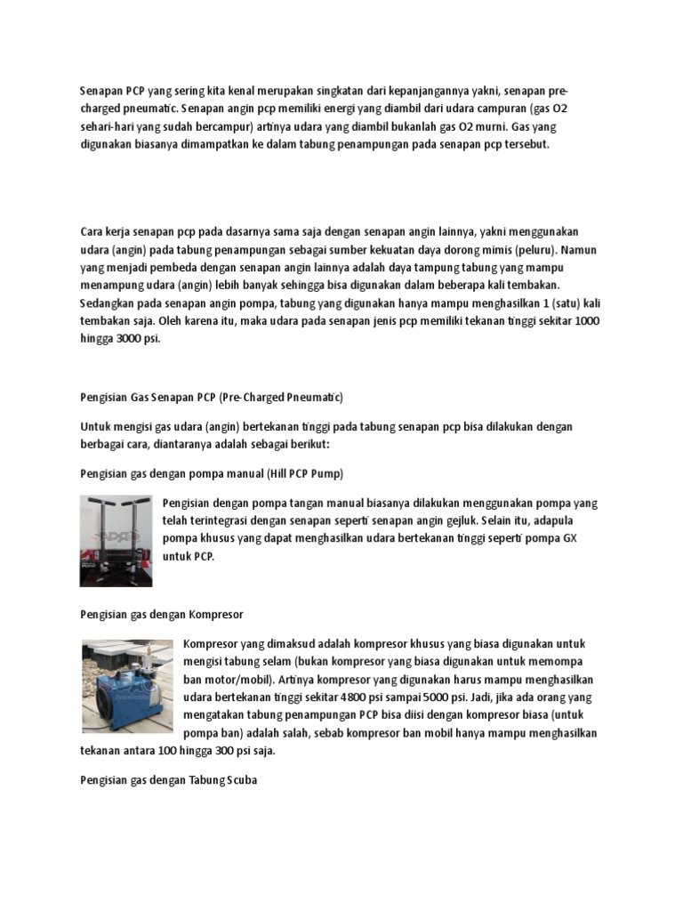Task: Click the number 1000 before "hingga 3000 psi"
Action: point(586,320)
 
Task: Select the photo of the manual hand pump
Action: point(116,541)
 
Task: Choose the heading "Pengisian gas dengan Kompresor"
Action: point(162,615)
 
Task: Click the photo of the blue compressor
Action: point(127,685)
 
